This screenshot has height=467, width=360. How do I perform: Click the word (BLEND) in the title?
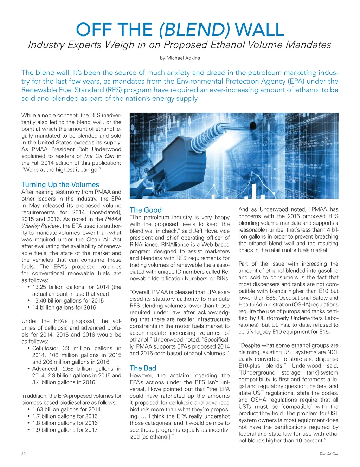click(x=194, y=30)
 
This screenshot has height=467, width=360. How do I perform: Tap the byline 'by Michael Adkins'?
click(x=180, y=58)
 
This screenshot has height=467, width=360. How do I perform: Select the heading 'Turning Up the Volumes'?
click(x=60, y=184)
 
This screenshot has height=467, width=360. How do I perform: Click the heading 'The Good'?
click(x=146, y=210)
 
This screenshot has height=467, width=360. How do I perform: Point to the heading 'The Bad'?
click(x=143, y=368)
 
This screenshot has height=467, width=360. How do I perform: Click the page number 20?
click(x=24, y=454)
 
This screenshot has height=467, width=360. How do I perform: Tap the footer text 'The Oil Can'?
click(x=329, y=454)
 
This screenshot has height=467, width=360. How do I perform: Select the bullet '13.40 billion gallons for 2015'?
click(x=68, y=300)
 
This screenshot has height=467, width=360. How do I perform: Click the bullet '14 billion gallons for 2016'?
click(x=64, y=307)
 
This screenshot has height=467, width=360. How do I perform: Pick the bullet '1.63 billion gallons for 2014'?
click(x=66, y=409)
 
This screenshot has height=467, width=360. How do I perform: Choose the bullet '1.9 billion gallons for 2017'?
click(x=65, y=430)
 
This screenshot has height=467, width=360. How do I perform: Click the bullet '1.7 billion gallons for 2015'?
click(x=65, y=416)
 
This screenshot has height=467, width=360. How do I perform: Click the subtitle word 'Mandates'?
click(x=308, y=45)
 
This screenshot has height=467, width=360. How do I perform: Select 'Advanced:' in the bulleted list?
click(x=45, y=369)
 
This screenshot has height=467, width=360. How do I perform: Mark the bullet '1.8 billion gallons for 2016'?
click(x=65, y=423)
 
